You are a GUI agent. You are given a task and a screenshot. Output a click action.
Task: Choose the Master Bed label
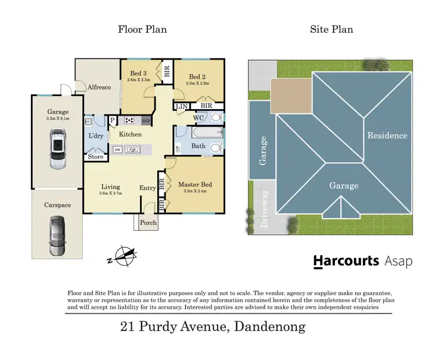195,185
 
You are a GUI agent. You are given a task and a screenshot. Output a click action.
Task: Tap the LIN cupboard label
181,107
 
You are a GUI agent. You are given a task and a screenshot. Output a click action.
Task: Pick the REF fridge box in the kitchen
146,121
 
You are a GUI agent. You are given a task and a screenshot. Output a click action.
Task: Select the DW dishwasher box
117,150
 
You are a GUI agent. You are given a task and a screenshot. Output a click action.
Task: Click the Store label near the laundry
95,157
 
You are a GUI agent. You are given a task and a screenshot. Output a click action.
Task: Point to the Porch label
148,223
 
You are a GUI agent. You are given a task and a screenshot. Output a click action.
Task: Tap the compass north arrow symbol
126,256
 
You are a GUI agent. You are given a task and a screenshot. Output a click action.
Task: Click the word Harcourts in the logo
346,261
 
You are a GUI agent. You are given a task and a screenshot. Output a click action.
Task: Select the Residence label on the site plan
387,135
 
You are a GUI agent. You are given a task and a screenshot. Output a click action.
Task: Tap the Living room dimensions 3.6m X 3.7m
110,193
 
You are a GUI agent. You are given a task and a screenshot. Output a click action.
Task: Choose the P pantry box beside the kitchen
112,120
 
